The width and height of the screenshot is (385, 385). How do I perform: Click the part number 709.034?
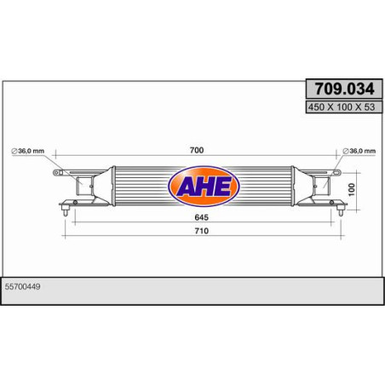click(x=345, y=89)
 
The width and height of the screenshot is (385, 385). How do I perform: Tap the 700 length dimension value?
click(x=197, y=150)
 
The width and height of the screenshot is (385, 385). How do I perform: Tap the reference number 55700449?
click(x=23, y=287)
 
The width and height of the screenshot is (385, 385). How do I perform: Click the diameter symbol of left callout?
click(x=14, y=151)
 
